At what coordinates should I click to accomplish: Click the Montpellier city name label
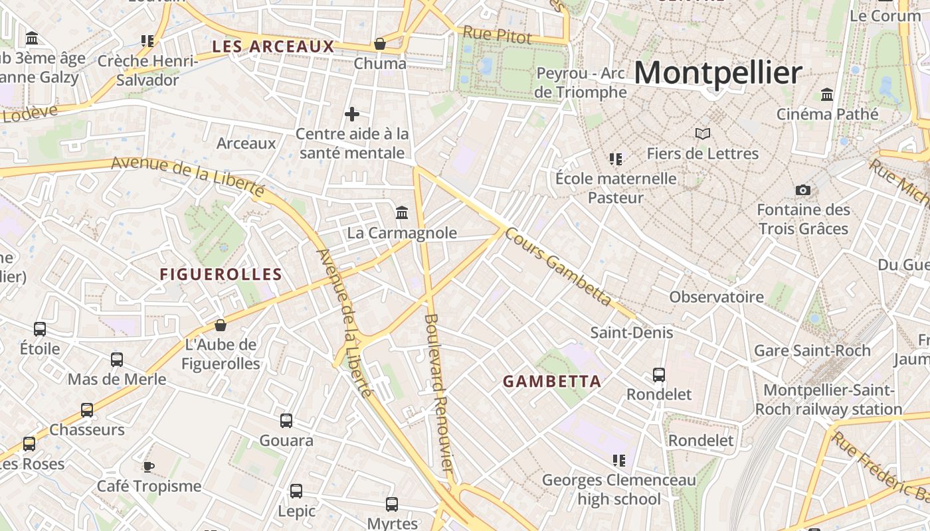tap(717, 72)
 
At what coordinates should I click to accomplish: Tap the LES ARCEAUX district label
tap(273, 46)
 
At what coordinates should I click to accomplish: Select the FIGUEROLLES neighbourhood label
tap(221, 274)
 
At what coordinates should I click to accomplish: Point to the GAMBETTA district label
tap(551, 381)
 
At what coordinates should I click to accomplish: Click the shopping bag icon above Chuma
tap(380, 44)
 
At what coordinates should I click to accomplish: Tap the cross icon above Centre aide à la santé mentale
tap(352, 114)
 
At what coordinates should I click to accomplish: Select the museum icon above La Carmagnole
tap(402, 213)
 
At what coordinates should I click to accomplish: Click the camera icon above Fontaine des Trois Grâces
tap(803, 190)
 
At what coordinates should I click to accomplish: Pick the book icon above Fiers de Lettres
tap(703, 134)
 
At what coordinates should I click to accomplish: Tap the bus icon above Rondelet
tap(659, 375)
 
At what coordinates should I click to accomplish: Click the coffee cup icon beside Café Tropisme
tap(149, 467)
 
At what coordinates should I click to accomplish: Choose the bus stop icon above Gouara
tap(286, 421)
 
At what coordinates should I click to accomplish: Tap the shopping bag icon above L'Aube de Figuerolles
tap(221, 325)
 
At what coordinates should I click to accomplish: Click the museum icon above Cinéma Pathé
tap(827, 94)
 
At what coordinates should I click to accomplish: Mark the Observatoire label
tap(716, 297)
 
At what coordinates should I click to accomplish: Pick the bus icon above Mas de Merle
tap(117, 360)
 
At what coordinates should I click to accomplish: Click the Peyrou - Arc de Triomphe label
tap(581, 82)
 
